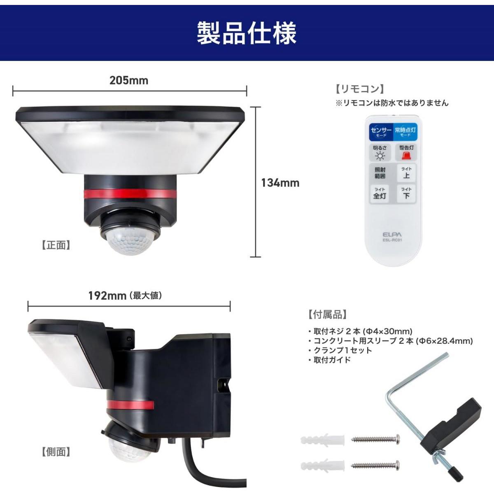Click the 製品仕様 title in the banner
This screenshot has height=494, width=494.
tap(247, 33)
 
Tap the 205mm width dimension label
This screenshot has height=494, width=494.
tap(129, 81)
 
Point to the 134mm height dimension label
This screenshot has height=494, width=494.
tap(280, 183)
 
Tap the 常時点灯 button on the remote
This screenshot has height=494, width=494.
tap(405, 131)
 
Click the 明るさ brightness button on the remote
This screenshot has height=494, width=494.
tap(380, 153)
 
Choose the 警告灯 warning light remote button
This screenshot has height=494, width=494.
tap(406, 153)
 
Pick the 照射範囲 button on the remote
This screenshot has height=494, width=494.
tap(380, 173)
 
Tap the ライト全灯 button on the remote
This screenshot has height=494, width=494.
tap(380, 193)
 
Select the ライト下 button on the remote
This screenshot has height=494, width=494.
tap(406, 193)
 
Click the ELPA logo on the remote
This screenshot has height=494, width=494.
tap(392, 235)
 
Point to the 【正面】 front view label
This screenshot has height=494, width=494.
tap(56, 245)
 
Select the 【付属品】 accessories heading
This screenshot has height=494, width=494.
tap(328, 314)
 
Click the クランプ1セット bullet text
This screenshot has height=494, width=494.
tap(343, 350)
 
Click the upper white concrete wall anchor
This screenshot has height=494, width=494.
tap(322, 440)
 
